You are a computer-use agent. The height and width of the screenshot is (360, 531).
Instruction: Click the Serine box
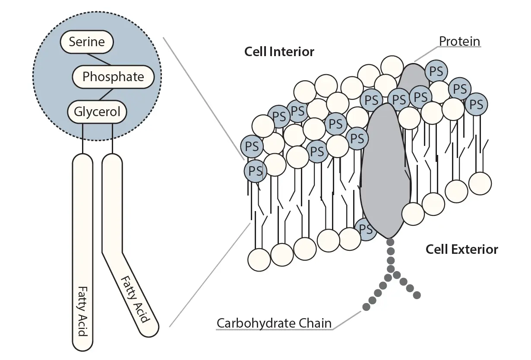[x=87, y=42]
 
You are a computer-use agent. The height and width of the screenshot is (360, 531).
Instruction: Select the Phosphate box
[x=113, y=77]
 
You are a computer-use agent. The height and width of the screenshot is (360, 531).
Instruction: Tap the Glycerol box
[x=97, y=112]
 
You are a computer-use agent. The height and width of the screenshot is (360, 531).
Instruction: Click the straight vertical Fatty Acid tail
[x=82, y=250]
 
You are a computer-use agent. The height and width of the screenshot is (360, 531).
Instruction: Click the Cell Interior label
[x=279, y=52]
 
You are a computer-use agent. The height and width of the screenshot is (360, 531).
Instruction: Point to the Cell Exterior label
[x=461, y=249]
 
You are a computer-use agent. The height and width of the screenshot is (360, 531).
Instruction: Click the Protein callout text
[x=459, y=41]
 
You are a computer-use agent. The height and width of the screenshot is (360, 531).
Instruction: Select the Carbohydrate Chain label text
[x=274, y=323]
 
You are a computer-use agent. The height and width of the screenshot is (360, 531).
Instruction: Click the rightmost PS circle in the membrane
[x=476, y=104]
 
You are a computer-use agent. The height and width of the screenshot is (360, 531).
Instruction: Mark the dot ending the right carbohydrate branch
[x=417, y=296]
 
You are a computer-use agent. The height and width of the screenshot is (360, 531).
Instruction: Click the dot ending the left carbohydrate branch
[x=366, y=307]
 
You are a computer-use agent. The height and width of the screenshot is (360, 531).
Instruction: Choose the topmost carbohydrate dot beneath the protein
[x=390, y=242]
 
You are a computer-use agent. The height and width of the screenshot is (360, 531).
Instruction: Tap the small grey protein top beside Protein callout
[x=413, y=76]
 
